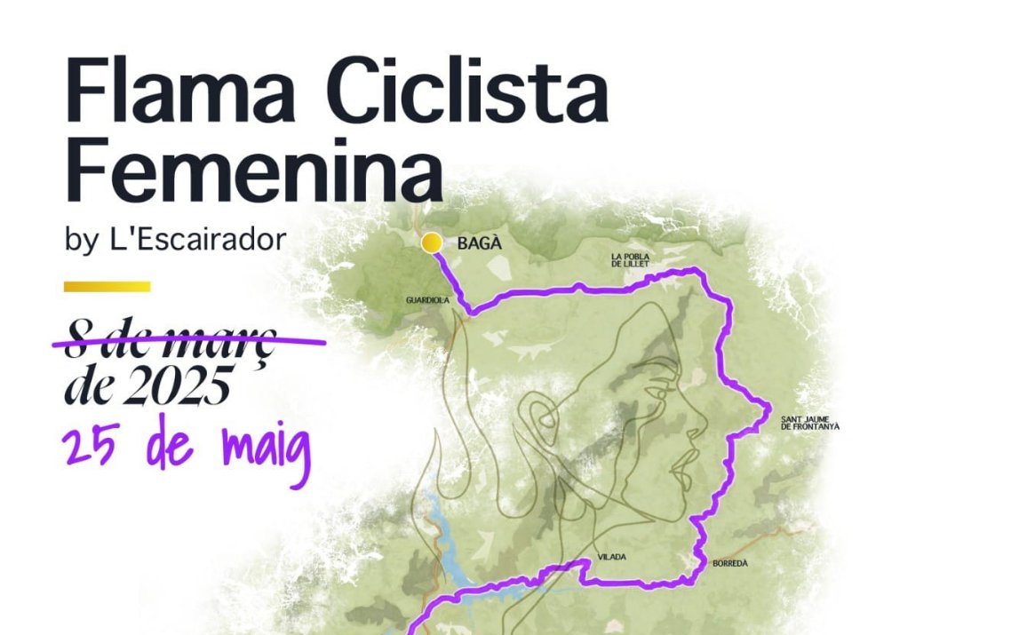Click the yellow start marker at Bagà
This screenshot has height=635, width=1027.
pos(432,242)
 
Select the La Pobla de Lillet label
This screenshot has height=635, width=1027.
pos(631,260)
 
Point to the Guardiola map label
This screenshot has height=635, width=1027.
pos(428,300)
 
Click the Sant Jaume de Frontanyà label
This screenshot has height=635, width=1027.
pos(809,423)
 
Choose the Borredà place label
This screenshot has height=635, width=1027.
pos(730,563)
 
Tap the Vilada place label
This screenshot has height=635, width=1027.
pos(612,557)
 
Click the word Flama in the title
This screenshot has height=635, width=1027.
pos(174,92)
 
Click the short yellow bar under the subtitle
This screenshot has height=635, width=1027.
pos(107,287)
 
